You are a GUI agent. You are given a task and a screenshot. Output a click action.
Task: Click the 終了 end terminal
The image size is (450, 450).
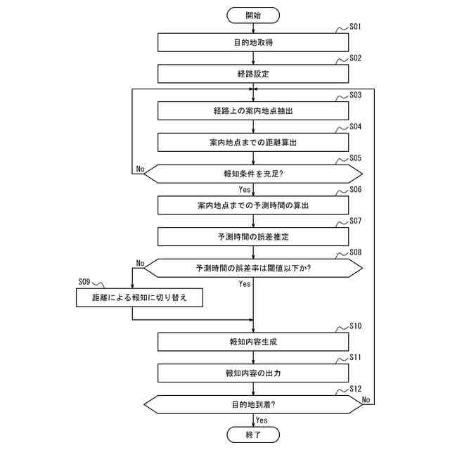pos(253,435)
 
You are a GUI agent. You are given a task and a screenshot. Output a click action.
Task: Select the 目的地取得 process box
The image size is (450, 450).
pos(253,43)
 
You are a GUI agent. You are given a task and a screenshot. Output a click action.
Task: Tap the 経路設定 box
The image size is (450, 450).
pos(253,74)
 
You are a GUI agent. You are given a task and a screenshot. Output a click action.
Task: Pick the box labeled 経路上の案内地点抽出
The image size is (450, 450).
pos(253,111)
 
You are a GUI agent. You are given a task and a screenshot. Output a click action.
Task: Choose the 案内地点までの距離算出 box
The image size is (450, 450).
pos(253,142)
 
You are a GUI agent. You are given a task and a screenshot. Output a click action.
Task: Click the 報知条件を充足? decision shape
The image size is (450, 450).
pos(253,173)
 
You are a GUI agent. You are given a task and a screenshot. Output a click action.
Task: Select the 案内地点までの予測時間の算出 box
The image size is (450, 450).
pos(253,205)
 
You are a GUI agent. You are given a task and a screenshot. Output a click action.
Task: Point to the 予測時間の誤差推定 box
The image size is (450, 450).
pos(253,237)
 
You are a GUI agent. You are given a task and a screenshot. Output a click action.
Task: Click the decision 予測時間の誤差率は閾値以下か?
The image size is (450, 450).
pos(253,268)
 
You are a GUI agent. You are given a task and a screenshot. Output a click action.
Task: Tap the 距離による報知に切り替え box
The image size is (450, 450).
pos(139,298)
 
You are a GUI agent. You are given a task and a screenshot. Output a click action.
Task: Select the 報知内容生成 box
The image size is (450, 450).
pos(253,342)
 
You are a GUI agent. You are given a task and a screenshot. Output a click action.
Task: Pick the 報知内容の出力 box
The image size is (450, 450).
pos(253,373)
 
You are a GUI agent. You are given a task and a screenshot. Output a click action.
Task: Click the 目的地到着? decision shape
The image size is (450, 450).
pos(253,404)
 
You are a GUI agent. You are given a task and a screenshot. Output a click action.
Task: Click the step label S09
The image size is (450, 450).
pos(84,282)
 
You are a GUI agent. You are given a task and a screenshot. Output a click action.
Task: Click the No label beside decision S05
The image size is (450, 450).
pos(140,169)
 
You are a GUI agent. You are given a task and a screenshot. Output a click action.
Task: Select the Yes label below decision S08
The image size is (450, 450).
pos(244,284)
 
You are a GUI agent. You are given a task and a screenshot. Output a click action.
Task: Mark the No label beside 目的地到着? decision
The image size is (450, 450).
pos(366,399)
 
